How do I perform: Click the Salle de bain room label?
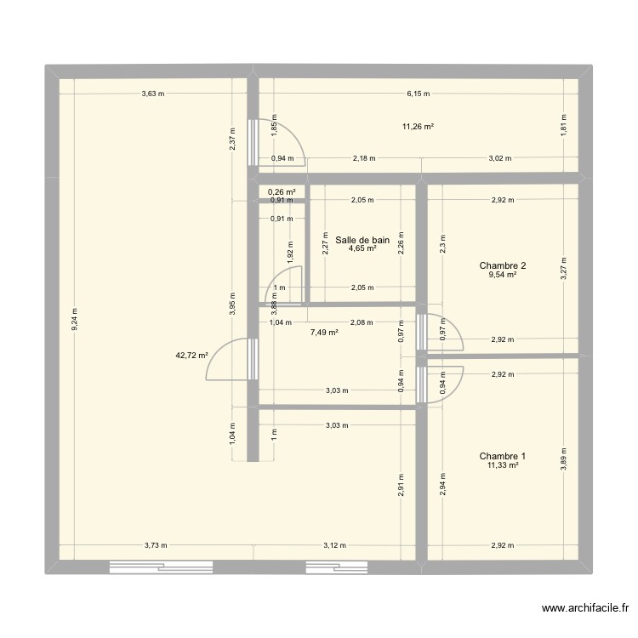[362, 241]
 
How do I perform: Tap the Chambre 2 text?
[502, 265]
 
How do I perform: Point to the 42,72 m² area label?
[191, 356]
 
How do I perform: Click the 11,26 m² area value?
[418, 127]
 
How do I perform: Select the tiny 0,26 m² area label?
[282, 192]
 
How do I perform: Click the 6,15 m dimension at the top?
[418, 94]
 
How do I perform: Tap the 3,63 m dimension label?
[153, 94]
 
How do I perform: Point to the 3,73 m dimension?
[155, 545]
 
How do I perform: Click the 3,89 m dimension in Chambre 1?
[563, 459]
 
